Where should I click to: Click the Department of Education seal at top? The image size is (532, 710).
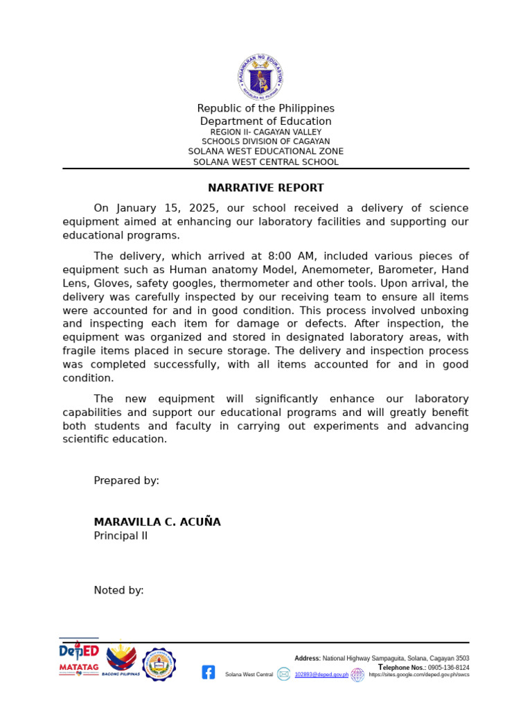tap(260, 77)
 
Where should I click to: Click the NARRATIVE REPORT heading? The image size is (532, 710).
tap(266, 188)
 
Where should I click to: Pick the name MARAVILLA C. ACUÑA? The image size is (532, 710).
tap(157, 522)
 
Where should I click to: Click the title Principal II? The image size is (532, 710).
tap(121, 536)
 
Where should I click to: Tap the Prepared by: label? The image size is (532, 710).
tap(127, 480)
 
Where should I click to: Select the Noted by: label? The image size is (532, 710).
tap(119, 591)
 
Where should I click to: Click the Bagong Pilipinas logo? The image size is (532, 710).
tap(121, 659)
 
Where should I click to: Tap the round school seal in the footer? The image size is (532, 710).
tap(159, 665)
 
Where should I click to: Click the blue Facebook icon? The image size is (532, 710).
tap(209, 672)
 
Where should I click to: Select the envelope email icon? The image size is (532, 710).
tap(283, 674)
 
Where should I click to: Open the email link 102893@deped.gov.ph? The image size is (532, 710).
tap(321, 675)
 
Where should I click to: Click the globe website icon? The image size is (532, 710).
tap(357, 675)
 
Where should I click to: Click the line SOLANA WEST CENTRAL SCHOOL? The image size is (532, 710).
tap(266, 162)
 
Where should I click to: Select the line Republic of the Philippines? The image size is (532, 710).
tap(266, 108)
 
